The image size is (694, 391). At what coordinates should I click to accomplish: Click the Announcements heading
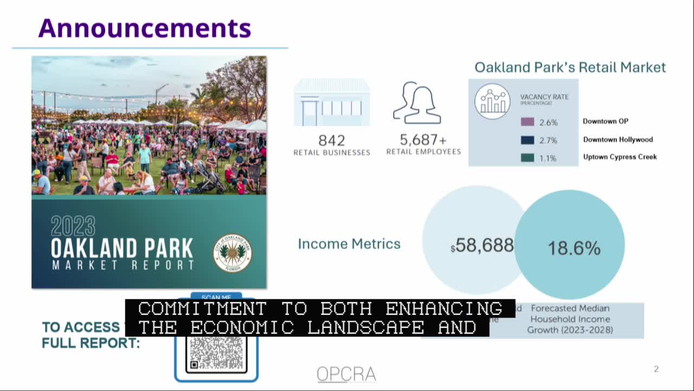(x=144, y=28)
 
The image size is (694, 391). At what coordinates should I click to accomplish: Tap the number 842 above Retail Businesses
(x=331, y=140)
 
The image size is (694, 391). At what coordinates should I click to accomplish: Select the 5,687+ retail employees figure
(x=423, y=140)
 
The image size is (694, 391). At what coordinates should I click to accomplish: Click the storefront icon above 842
(x=331, y=103)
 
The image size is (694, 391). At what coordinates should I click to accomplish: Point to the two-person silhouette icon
(x=417, y=103)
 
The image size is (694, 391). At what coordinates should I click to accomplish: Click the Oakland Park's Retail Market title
(x=570, y=67)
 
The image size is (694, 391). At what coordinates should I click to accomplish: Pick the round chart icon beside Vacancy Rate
(x=492, y=102)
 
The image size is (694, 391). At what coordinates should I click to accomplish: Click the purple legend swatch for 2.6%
(x=527, y=122)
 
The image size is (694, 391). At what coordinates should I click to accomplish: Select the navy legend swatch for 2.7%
(x=527, y=140)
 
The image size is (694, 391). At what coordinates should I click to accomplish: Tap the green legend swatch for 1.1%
(x=527, y=157)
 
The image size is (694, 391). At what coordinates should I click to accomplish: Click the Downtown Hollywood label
(x=618, y=140)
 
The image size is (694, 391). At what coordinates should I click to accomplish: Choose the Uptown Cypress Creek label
(x=620, y=157)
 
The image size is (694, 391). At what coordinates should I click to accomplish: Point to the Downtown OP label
(x=606, y=122)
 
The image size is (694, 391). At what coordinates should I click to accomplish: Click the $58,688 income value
(x=482, y=246)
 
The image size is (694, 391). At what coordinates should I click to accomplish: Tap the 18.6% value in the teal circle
(x=574, y=248)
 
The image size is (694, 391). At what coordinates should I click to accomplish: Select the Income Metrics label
(x=349, y=244)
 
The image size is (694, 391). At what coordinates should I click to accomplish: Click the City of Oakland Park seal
(x=233, y=253)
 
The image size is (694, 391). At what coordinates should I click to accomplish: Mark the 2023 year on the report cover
(x=73, y=226)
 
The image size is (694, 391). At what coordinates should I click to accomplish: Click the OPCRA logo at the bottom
(x=346, y=374)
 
